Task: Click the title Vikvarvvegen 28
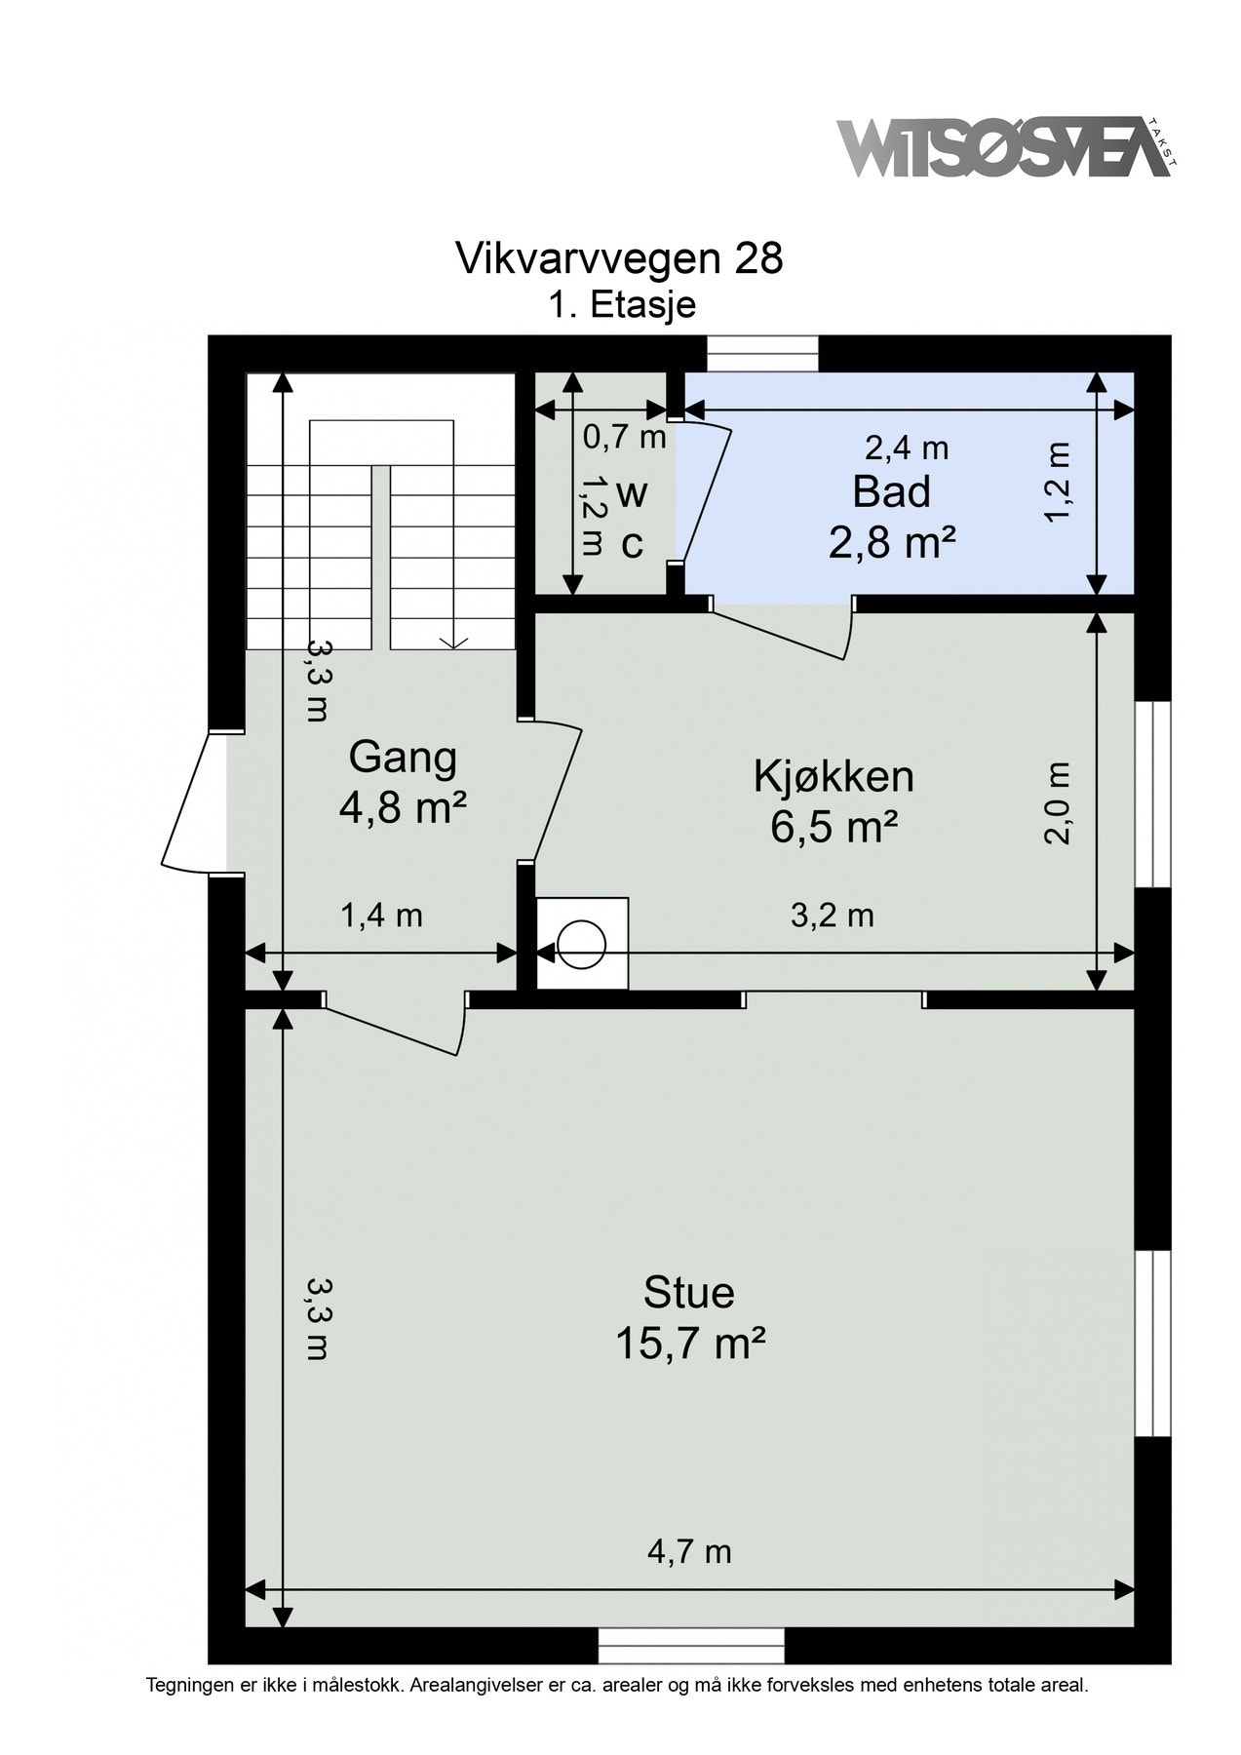(x=619, y=258)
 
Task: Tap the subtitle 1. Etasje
(x=621, y=304)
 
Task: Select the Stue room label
(x=688, y=1293)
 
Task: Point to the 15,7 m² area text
(x=688, y=1345)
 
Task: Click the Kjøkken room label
(x=834, y=777)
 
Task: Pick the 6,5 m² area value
(x=834, y=828)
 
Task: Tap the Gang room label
(x=403, y=759)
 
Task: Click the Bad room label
(x=891, y=491)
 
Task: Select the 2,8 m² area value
(x=891, y=542)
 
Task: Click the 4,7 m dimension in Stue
(x=689, y=1551)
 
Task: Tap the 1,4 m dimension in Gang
(x=380, y=916)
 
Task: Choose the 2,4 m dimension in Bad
(x=907, y=448)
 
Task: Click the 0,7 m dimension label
(x=624, y=438)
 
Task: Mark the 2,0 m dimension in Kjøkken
(x=1059, y=802)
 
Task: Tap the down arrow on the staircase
(x=451, y=641)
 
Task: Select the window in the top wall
(x=763, y=353)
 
